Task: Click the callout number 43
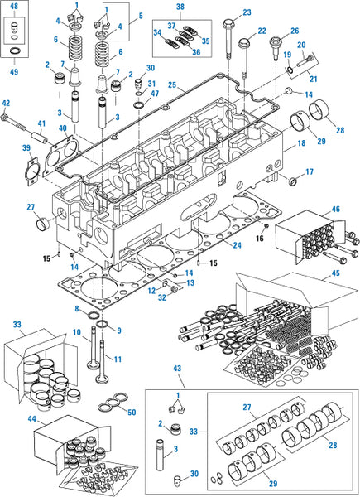[177, 367]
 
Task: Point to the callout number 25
[171, 84]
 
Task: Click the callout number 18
[301, 144]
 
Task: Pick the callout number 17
[310, 172]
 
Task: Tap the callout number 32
[160, 297]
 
